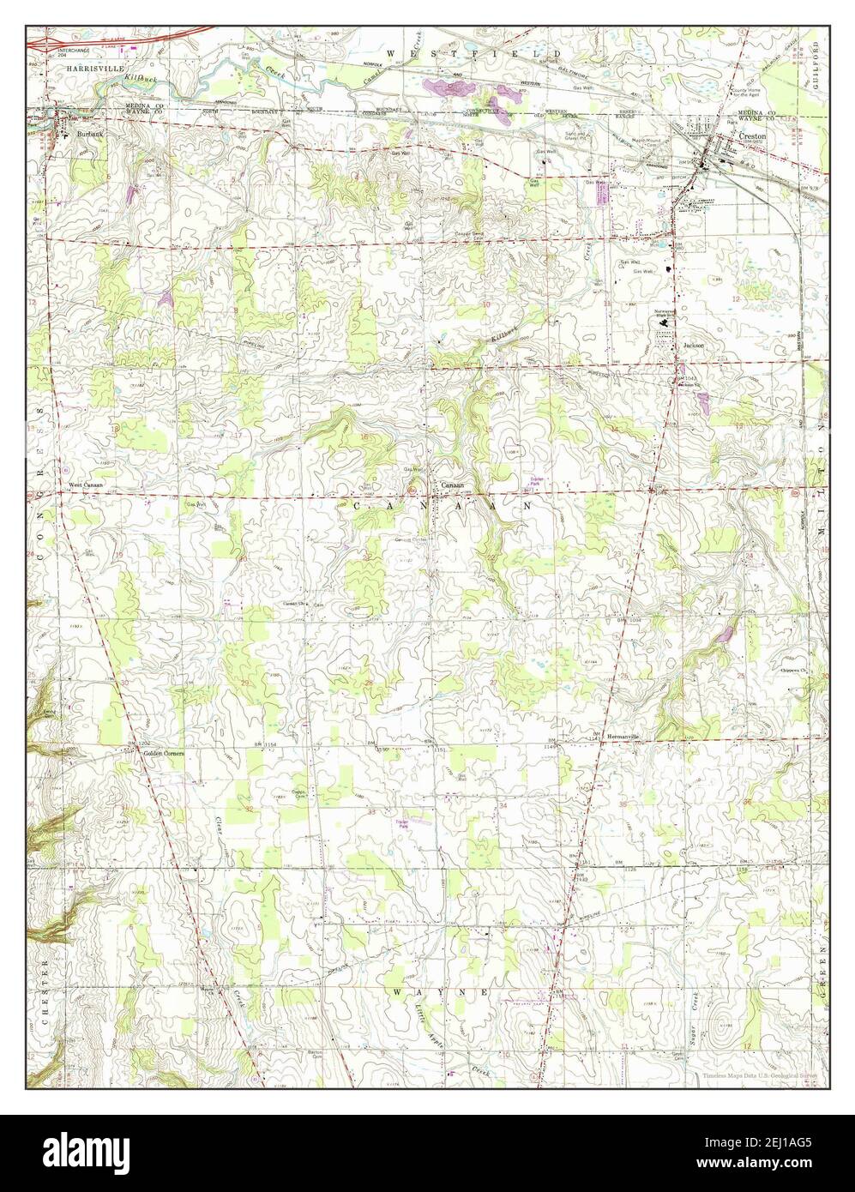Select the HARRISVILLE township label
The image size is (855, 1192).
80,66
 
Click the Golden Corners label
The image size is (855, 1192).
164,752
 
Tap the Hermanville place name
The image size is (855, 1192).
623,737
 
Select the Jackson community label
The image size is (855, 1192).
693,346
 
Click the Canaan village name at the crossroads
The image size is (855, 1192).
452,485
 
